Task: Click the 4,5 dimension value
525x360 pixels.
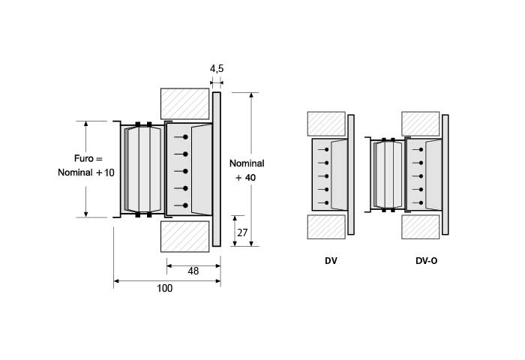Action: (217, 69)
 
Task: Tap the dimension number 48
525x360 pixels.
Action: (193, 271)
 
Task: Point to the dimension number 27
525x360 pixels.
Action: (242, 232)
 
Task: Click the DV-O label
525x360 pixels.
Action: (426, 262)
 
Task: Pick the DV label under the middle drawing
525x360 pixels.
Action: (330, 262)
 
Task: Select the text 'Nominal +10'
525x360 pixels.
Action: (86, 172)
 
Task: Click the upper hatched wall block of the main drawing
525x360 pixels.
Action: (184, 103)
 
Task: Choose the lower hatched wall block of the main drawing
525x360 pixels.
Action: (184, 235)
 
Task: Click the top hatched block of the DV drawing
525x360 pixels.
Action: (326, 124)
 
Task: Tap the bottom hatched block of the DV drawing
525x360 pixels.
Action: (326, 224)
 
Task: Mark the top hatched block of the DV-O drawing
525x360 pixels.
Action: (421, 124)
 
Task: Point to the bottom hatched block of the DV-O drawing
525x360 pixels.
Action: (421, 225)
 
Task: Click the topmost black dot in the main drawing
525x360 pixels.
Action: (184, 137)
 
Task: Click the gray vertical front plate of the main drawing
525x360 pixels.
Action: (217, 169)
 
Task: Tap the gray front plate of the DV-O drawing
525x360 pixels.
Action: (445, 174)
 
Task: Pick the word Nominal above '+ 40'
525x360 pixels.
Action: (247, 163)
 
